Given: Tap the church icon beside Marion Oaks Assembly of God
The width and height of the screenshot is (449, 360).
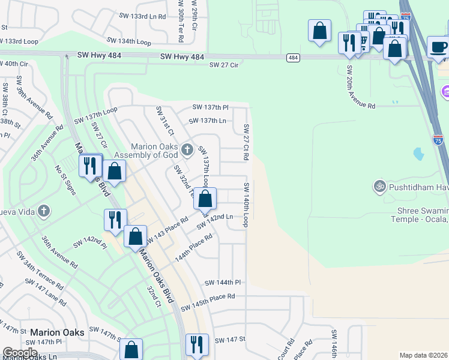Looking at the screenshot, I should pyautogui.click(x=187, y=149).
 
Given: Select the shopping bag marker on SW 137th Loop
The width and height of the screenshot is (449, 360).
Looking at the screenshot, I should pyautogui.click(x=205, y=199).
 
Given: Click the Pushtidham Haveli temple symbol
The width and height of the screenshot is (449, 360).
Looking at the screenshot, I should pyautogui.click(x=378, y=185).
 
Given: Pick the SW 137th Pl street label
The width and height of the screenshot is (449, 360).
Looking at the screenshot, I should pyautogui.click(x=210, y=107).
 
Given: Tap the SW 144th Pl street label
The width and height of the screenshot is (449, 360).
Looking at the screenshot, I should pyautogui.click(x=222, y=282).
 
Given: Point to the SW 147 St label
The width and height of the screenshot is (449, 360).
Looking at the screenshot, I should pyautogui.click(x=230, y=340).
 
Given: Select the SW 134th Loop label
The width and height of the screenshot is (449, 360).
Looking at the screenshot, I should pyautogui.click(x=129, y=41).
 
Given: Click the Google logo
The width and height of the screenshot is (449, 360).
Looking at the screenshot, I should pyautogui.click(x=20, y=353).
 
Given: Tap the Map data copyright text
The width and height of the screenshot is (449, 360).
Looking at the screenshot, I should pyautogui.click(x=423, y=355).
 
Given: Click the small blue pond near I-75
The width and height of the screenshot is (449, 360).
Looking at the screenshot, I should pyautogui.click(x=418, y=154).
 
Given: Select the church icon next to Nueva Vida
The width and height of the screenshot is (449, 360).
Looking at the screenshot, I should pyautogui.click(x=43, y=211).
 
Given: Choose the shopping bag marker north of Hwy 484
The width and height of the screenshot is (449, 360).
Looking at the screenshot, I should pyautogui.click(x=320, y=31).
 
